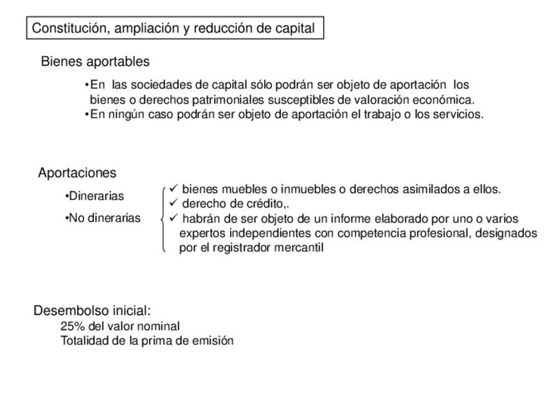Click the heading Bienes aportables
pos(95,62)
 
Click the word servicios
pos(460,114)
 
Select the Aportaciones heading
pos(77,173)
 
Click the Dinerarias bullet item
pos(96,196)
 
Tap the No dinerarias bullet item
pos(104,218)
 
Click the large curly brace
pos(165,219)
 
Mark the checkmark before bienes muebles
pos(174,189)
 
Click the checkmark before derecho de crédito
pos(174,203)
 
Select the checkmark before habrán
pos(174,218)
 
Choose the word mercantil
pos(302,248)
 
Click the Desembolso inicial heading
pos(92,311)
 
